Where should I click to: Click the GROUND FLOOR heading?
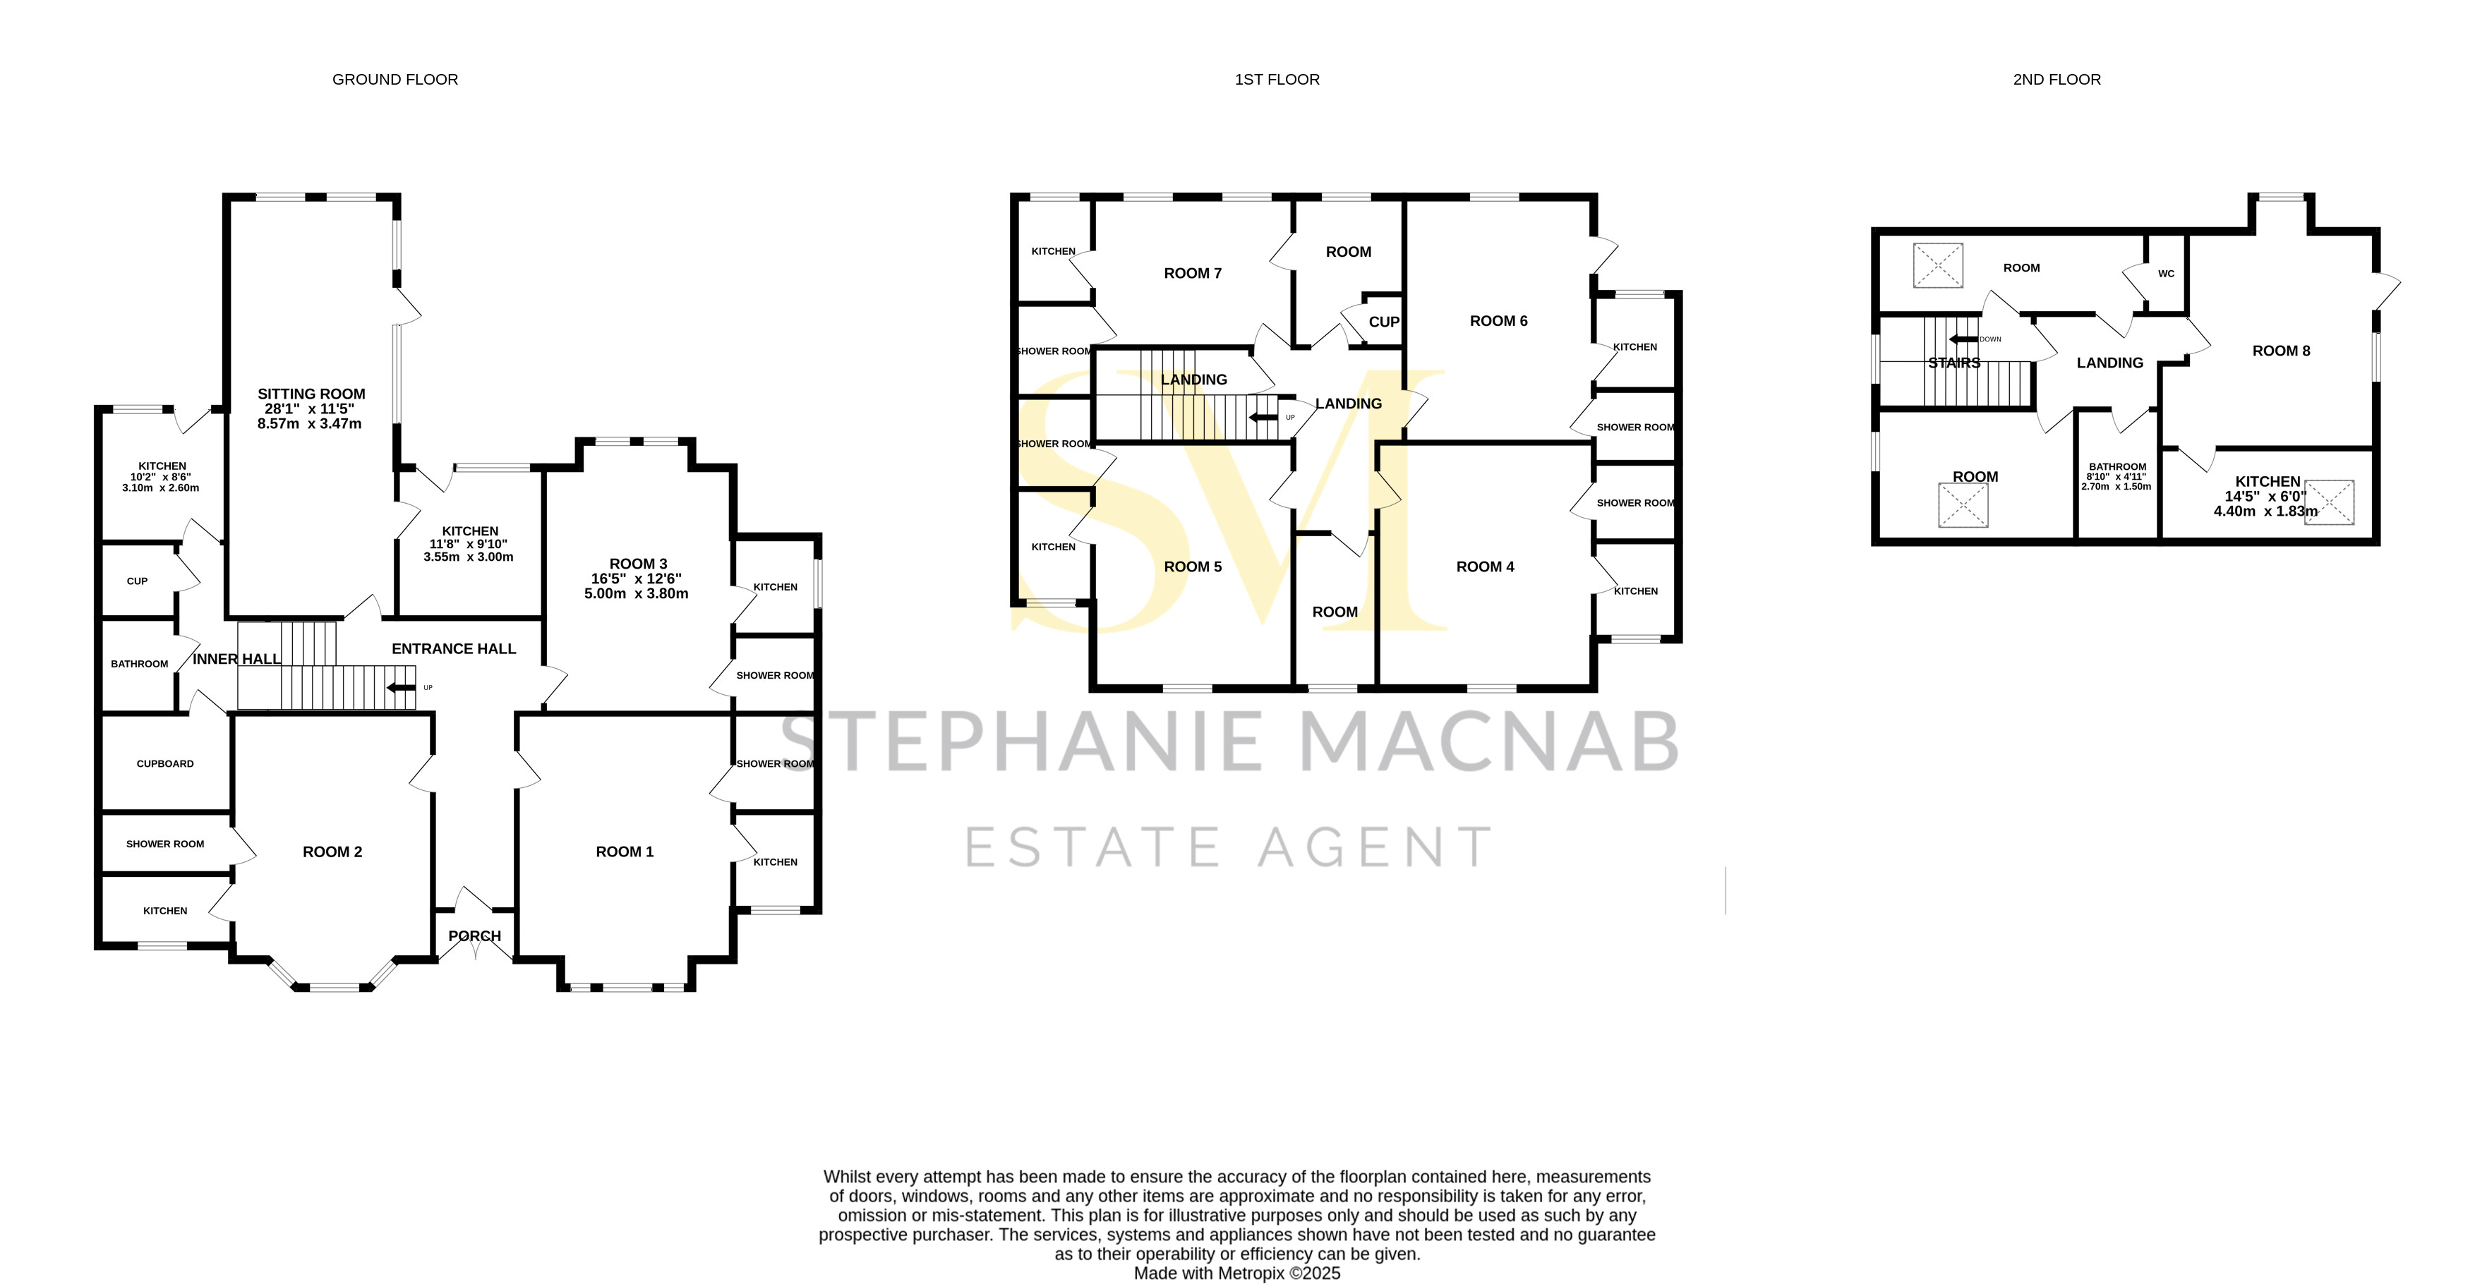(395, 80)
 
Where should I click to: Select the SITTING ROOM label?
(311, 394)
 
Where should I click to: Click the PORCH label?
(475, 935)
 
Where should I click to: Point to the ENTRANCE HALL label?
(454, 649)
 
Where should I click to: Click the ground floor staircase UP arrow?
(402, 688)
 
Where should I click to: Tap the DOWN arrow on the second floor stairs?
(1963, 339)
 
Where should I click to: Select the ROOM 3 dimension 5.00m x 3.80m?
(636, 593)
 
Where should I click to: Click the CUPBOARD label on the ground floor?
(165, 763)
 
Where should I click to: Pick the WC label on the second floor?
(2166, 274)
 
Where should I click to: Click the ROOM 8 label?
(2280, 351)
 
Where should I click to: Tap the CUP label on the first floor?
(1383, 322)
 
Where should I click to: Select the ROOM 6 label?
(1498, 321)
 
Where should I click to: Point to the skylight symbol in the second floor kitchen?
(2329, 502)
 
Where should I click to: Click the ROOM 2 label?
(332, 852)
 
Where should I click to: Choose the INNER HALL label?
(236, 659)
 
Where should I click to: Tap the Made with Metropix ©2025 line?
(1236, 1273)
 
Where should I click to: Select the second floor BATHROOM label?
(2116, 467)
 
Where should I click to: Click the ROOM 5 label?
(1193, 567)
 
